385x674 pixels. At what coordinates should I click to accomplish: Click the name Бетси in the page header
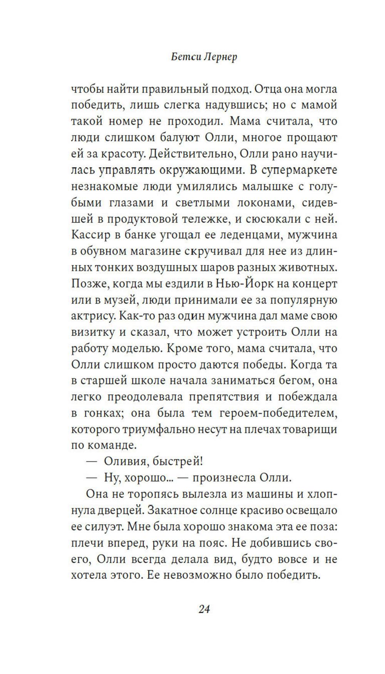tap(184, 57)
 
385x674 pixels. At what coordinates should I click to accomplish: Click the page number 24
tap(204, 609)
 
